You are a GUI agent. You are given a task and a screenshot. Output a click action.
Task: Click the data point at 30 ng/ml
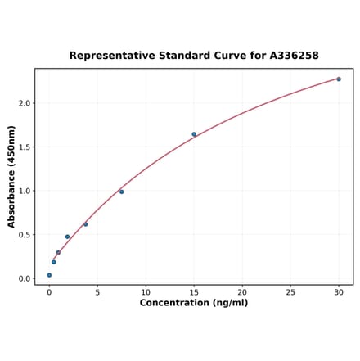click(x=339, y=79)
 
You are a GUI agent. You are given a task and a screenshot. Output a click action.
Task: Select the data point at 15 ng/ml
click(x=194, y=134)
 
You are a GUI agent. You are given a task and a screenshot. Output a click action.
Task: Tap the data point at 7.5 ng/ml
click(x=122, y=192)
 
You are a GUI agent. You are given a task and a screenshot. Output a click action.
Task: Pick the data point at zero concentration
click(x=49, y=275)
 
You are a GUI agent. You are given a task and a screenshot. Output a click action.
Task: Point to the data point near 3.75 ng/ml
click(x=85, y=223)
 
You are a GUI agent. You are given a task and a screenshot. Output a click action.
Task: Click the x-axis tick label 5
click(x=97, y=292)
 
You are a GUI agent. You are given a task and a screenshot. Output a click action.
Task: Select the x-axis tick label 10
click(x=146, y=292)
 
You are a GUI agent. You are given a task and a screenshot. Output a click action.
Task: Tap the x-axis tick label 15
click(x=194, y=292)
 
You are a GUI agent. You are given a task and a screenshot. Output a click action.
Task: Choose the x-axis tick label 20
click(x=242, y=292)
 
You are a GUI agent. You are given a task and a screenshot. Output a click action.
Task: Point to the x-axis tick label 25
click(x=290, y=292)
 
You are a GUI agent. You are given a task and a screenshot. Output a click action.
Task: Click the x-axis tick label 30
click(x=339, y=292)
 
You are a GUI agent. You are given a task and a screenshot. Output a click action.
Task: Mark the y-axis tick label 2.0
click(x=24, y=103)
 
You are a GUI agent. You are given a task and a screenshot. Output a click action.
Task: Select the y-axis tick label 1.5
click(x=24, y=147)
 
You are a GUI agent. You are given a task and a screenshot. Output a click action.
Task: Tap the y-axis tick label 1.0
click(x=24, y=191)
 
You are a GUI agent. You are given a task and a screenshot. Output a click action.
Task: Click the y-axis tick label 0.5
click(x=24, y=235)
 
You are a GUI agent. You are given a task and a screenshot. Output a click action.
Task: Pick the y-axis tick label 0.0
click(x=24, y=278)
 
